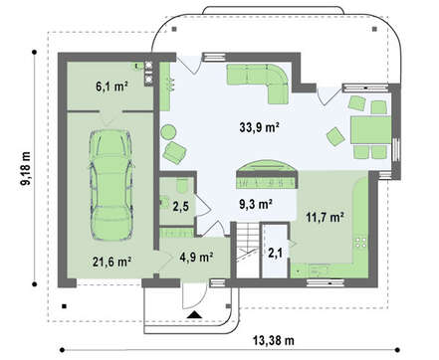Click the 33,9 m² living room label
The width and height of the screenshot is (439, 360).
pyautogui.click(x=259, y=127)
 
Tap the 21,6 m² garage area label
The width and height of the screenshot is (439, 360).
pyautogui.click(x=111, y=262)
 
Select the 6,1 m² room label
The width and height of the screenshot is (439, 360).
pyautogui.click(x=111, y=87)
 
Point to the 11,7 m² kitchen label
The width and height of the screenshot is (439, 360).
pyautogui.click(x=325, y=218)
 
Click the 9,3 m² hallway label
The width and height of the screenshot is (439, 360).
pyautogui.click(x=256, y=204)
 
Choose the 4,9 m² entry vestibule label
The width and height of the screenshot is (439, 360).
pyautogui.click(x=196, y=257)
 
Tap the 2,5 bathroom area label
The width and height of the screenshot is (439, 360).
pyautogui.click(x=181, y=206)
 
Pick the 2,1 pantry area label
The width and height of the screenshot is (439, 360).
pyautogui.click(x=275, y=254)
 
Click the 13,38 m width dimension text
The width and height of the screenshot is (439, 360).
pyautogui.click(x=274, y=340)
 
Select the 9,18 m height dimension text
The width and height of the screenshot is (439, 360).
pyautogui.click(x=26, y=169)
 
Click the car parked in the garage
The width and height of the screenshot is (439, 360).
pyautogui.click(x=110, y=184)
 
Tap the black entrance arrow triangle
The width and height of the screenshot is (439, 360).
pyautogui.click(x=194, y=314)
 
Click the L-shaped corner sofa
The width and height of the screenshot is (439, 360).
pyautogui.click(x=259, y=83)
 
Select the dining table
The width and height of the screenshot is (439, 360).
pyautogui.click(x=370, y=129)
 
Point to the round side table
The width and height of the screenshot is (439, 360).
pyautogui.click(x=169, y=132)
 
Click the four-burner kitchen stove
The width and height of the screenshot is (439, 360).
pyautogui.click(x=360, y=243)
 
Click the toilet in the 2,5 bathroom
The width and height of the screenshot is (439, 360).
pyautogui.click(x=182, y=186)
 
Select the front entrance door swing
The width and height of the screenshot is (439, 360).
pyautogui.click(x=195, y=296)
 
